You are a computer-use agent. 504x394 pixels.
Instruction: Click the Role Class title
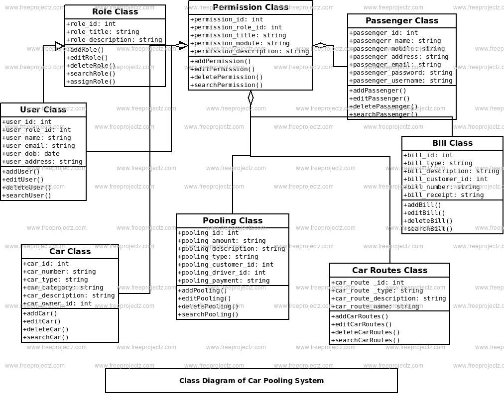pos(115,12)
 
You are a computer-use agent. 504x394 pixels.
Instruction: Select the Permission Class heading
pos(250,7)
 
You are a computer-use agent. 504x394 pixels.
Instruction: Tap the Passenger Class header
pos(401,21)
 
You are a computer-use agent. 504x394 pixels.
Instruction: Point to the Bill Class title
pos(452,143)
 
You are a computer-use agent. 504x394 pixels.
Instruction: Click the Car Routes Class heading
pos(389,271)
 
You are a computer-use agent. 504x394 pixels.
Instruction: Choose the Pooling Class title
pos(233,221)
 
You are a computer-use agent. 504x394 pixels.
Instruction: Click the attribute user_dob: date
pos(31,154)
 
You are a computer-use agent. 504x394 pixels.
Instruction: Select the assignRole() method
pos(91,82)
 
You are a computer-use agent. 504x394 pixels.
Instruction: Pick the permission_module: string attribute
pos(240,43)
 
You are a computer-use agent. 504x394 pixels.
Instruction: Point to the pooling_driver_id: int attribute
pos(222,273)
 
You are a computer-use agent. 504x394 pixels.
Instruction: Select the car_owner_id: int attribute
pos(57,303)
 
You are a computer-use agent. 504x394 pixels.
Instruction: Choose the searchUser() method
pos(27,196)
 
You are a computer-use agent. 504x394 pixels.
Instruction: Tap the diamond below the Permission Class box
pos(251,98)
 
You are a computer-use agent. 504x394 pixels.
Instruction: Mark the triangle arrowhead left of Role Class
pos(60,46)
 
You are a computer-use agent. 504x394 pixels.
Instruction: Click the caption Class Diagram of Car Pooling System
pos(252,381)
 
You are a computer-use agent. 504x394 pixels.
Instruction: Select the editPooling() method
pos(205,298)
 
